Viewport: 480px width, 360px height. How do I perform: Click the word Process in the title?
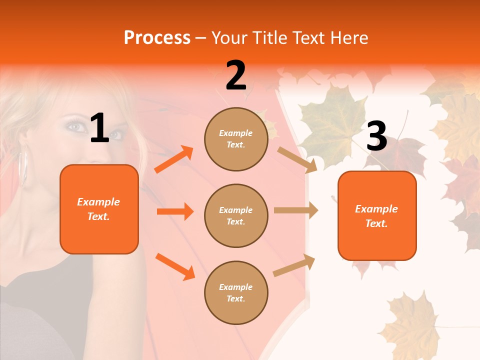pos(157,37)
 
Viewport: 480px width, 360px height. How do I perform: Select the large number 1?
pos(99,129)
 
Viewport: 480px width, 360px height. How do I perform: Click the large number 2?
pos(236,75)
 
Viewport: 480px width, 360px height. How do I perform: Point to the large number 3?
pos(376,136)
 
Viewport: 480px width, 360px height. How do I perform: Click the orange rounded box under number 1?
pos(99,209)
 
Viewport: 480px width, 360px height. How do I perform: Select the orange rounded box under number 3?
pos(377,216)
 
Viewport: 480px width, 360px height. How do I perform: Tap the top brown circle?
pos(236,139)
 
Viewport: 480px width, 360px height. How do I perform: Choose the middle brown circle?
pos(236,215)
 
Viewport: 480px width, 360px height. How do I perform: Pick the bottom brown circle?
pos(236,292)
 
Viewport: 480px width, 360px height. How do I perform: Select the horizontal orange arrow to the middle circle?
pos(175,211)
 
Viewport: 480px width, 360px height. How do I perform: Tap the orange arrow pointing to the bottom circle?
pos(175,266)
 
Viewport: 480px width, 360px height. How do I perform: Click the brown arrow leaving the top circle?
pos(297,159)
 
